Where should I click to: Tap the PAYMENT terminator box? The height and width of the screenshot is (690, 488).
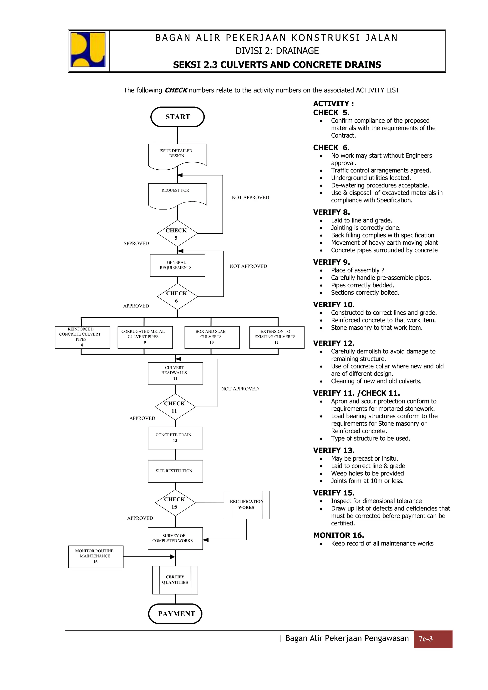click(x=175, y=614)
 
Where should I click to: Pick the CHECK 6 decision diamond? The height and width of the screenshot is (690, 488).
click(x=177, y=297)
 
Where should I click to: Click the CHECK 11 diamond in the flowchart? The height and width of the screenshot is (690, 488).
click(x=175, y=407)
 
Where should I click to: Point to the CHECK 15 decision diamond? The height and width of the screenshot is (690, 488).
click(x=175, y=503)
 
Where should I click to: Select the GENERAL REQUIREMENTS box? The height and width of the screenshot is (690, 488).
click(x=177, y=265)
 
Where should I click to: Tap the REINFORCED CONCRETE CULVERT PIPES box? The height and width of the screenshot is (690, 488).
click(x=82, y=337)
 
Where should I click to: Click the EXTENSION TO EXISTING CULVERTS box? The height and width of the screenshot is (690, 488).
click(x=277, y=337)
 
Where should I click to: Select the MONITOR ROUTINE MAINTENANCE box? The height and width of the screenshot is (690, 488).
click(x=96, y=557)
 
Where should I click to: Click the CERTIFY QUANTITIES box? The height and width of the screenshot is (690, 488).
click(x=175, y=580)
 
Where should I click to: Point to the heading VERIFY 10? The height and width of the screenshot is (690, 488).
click(x=334, y=305)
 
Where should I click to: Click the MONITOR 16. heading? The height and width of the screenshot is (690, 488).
click(x=339, y=535)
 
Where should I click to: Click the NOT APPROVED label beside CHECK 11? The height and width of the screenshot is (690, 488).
click(x=240, y=389)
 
